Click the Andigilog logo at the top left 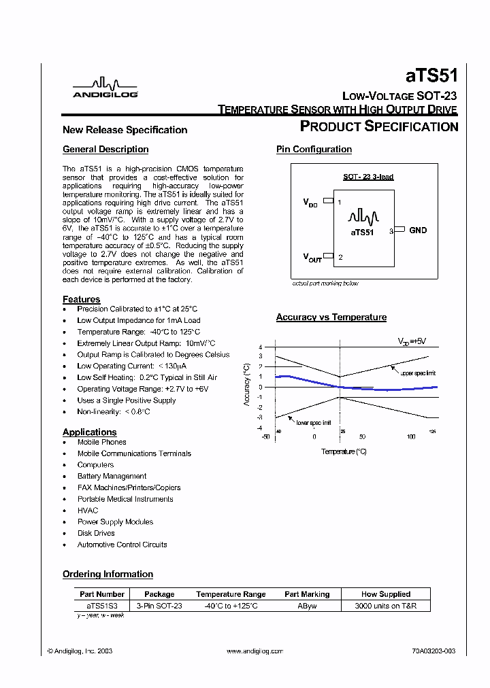coord(95,88)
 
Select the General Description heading coord(105,150)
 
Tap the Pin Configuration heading coord(314,150)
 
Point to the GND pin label coord(418,230)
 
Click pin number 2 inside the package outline coord(340,257)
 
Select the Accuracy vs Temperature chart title coord(331,317)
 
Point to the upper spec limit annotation coord(418,373)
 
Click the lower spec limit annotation coord(313,423)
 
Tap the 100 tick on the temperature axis coord(411,437)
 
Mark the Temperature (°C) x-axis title coord(344,451)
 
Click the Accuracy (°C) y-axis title coord(247,385)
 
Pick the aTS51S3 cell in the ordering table coord(101,605)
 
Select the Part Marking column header coord(307,594)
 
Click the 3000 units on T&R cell coord(386,605)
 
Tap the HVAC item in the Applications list coord(88,511)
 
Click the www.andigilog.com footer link coord(255,651)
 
